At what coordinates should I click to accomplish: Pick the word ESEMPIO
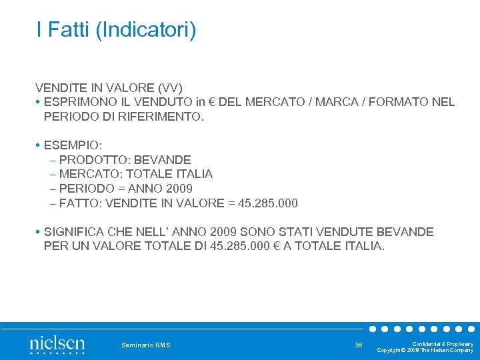tap(73, 145)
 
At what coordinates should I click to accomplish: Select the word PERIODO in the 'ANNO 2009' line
tap(85, 189)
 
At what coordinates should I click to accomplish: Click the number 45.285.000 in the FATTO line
tap(266, 203)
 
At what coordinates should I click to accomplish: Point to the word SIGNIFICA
tap(75, 232)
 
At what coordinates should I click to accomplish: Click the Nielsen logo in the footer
tap(57, 345)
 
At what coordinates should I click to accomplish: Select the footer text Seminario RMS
tap(146, 345)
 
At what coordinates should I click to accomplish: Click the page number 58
tap(359, 345)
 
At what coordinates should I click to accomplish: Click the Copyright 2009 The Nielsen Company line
tap(425, 351)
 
